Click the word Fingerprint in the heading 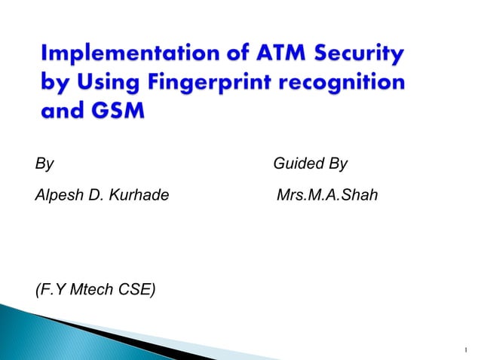pyautogui.click(x=219, y=84)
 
